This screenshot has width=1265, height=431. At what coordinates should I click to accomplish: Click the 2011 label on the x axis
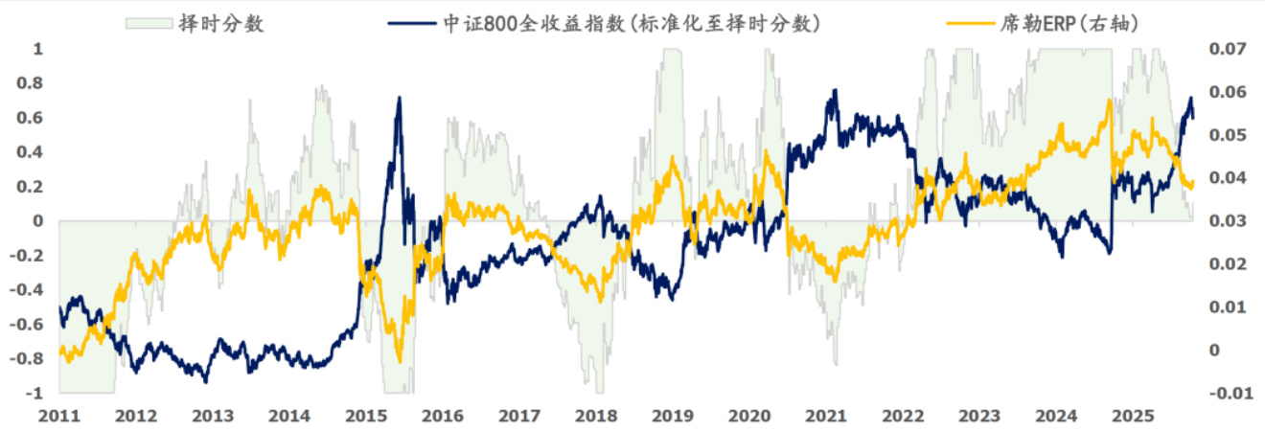click(x=59, y=417)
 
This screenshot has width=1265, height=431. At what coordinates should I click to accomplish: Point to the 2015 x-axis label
click(x=366, y=417)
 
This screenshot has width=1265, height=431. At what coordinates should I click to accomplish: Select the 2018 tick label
click(x=596, y=417)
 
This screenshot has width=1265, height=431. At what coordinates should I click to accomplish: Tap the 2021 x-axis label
click(x=826, y=417)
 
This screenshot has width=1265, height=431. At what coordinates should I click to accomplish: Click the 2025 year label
click(x=1133, y=417)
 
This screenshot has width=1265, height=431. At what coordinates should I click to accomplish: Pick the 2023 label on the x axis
click(x=979, y=417)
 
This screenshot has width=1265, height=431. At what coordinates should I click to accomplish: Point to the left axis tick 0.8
click(x=32, y=83)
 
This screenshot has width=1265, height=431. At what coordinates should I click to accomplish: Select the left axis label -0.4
click(x=29, y=290)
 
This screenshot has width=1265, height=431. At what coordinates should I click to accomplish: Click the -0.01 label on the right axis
click(x=1229, y=394)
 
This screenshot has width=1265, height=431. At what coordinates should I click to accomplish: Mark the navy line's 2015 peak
click(x=399, y=98)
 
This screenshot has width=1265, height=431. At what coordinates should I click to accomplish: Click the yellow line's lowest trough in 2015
click(x=397, y=333)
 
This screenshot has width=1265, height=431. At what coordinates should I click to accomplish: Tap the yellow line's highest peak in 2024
click(x=1108, y=101)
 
